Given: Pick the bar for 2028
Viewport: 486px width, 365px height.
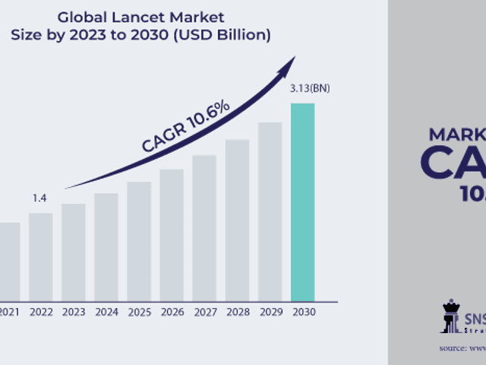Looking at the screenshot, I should click(x=237, y=220).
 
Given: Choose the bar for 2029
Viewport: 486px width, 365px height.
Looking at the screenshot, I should click(x=270, y=211).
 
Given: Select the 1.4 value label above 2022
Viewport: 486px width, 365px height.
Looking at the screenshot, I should click(x=40, y=198).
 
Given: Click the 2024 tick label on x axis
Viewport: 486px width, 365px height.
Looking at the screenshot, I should click(x=106, y=312).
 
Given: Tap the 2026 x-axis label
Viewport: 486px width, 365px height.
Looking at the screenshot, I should click(x=172, y=312).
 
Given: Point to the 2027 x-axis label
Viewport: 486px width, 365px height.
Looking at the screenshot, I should click(x=204, y=312).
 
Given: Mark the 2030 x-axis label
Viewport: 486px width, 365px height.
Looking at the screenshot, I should click(x=302, y=312).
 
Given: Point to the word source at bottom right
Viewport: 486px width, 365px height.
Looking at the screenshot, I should click(x=453, y=348).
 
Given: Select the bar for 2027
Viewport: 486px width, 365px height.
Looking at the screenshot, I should click(x=204, y=227).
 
